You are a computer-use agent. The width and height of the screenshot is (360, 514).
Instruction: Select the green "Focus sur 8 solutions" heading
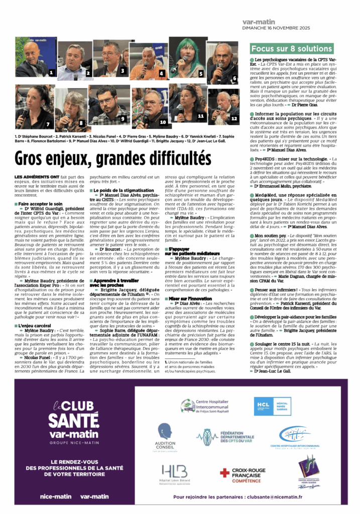[291, 49]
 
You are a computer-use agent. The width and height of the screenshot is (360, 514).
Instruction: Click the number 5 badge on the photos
[200, 73]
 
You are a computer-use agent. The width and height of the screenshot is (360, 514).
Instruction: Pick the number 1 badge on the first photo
[51, 73]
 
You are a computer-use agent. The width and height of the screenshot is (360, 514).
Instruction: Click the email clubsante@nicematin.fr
[272, 496]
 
